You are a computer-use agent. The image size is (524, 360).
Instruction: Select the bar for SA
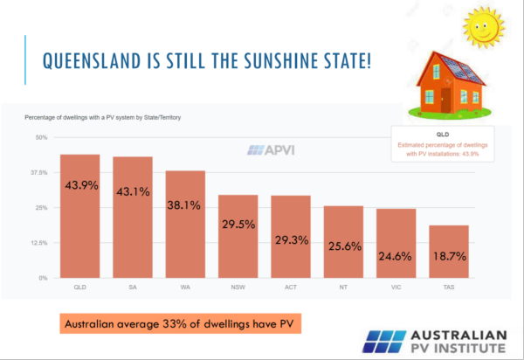[133, 218]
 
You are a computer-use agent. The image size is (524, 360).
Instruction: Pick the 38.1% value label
[185, 206]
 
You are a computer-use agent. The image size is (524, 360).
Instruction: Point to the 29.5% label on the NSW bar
[238, 224]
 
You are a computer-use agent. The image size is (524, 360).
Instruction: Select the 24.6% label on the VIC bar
[396, 256]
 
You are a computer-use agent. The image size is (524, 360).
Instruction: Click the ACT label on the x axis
[290, 286]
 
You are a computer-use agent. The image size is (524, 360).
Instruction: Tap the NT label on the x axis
[343, 286]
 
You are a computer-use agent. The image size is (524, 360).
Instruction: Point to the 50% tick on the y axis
[41, 138]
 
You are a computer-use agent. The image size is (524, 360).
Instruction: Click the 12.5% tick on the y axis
[39, 243]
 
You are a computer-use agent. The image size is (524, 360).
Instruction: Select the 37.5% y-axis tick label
[39, 173]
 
